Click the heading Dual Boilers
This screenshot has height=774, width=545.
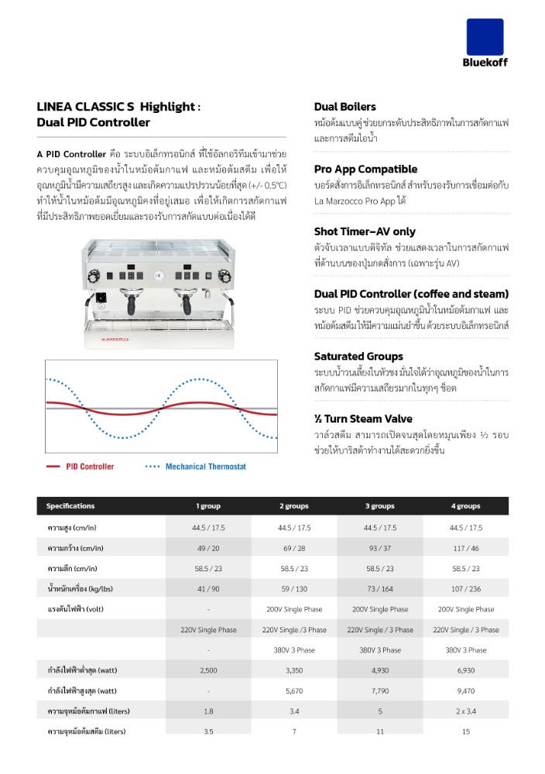tap(345, 107)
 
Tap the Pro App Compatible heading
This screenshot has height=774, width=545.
tap(365, 169)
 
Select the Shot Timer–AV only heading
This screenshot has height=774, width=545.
tap(365, 231)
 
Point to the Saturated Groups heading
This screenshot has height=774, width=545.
tap(358, 356)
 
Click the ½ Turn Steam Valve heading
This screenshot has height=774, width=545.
tap(363, 419)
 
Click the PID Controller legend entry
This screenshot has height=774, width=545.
tap(90, 467)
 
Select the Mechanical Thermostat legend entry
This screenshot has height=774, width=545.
tap(205, 467)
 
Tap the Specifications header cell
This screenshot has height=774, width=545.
tap(70, 506)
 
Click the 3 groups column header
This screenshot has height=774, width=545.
tap(379, 506)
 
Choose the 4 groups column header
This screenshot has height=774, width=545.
tap(465, 506)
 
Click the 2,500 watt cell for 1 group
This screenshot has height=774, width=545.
tap(208, 670)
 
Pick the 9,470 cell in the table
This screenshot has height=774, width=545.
tap(465, 690)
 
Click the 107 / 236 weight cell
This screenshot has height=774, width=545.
tap(465, 588)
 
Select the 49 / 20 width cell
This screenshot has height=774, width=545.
tap(208, 548)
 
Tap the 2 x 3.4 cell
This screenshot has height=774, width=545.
tap(465, 711)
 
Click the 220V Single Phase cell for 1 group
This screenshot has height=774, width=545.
tap(208, 629)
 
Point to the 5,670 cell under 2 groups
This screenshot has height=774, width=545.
tap(293, 690)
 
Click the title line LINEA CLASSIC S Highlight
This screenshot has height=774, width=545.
tap(118, 108)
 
